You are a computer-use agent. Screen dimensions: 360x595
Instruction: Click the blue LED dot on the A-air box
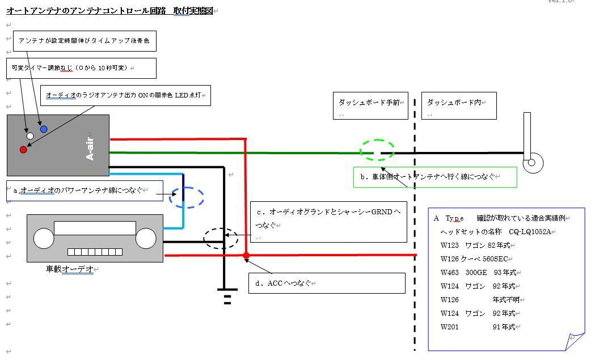44,129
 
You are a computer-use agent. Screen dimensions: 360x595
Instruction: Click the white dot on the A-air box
30,136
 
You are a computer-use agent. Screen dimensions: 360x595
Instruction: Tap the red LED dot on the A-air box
23,150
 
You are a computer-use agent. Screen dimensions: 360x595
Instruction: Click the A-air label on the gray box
90,146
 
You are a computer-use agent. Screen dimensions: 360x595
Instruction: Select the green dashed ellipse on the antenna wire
377,150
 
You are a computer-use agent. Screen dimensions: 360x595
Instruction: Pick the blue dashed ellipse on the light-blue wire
187,197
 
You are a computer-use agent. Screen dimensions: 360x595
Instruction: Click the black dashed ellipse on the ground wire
221,238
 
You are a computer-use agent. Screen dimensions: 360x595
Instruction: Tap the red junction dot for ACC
246,256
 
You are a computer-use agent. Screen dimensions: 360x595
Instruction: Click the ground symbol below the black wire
227,297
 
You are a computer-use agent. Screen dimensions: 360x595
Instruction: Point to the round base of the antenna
532,163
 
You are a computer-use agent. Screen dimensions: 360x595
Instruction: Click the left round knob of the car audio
44,238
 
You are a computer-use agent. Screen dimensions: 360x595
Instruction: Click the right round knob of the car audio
146,238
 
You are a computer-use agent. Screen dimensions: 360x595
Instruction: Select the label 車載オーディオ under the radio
70,269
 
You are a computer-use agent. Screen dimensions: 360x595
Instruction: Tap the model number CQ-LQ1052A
530,232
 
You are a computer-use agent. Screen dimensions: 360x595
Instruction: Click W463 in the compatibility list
450,273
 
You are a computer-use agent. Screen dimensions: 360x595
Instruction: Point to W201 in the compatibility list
450,327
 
